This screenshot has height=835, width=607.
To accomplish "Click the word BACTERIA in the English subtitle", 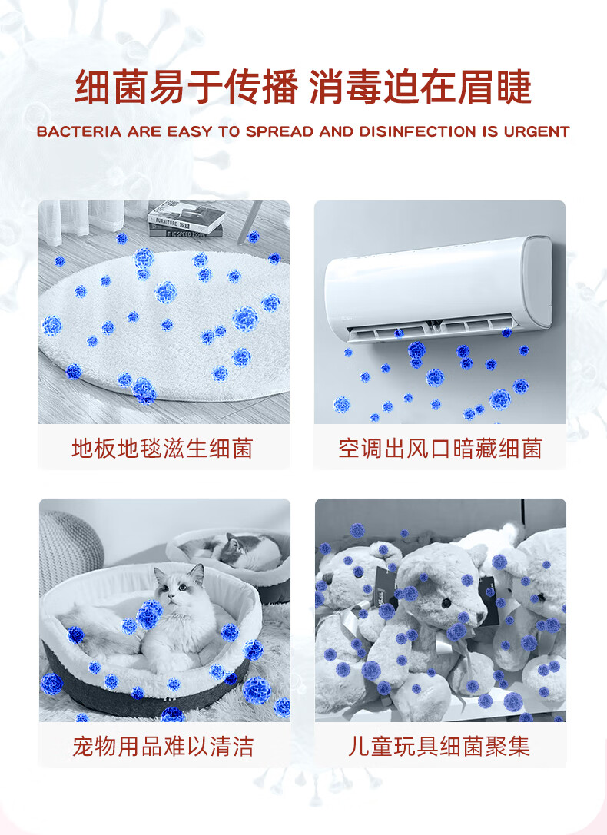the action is [79, 131].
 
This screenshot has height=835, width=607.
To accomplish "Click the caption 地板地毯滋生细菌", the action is [163, 449].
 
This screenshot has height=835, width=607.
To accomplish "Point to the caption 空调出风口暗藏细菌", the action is [440, 449].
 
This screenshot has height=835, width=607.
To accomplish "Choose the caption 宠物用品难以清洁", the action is [163, 746].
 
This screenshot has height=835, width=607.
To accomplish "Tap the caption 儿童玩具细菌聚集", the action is [439, 746].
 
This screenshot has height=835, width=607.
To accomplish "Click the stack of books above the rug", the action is [186, 220].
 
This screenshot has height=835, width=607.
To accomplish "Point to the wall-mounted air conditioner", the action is [439, 287].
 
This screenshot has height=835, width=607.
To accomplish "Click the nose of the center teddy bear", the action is [446, 603].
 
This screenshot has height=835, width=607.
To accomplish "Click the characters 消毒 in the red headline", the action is [346, 87].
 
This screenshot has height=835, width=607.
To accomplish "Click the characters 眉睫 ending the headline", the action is [495, 87].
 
